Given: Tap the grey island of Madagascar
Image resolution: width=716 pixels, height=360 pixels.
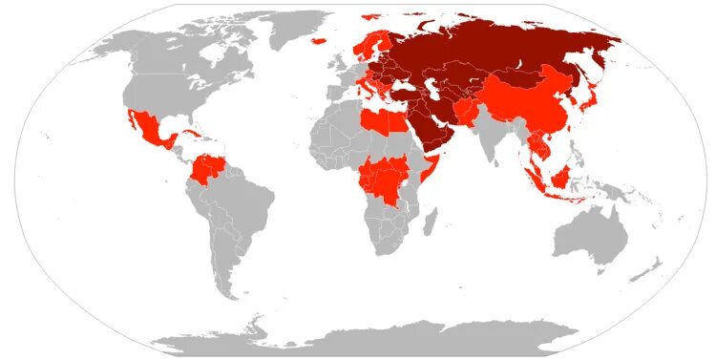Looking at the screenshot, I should pos(436,225).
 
